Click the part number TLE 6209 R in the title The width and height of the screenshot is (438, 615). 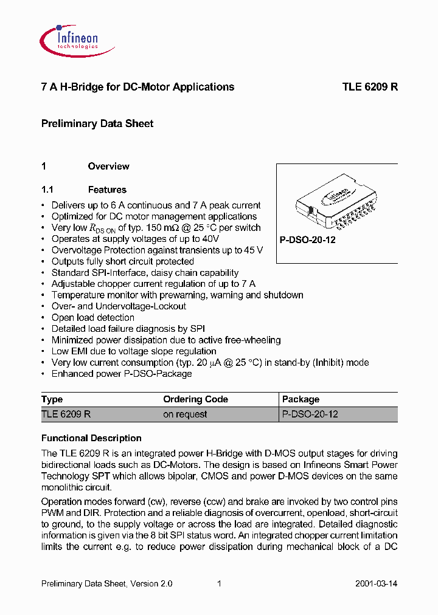coord(370,87)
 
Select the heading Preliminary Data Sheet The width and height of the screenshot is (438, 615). coord(97,123)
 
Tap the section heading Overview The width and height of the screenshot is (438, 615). coord(108,167)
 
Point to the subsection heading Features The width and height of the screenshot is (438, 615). coord(107,190)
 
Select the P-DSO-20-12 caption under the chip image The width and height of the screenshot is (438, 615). coord(308,240)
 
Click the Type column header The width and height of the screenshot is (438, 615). coord(52,399)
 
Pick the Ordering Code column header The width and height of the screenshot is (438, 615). coord(195,399)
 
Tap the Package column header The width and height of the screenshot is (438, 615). coord(301,399)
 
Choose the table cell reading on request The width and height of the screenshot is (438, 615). coord(185,414)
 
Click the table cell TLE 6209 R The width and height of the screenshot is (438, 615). coord(66,414)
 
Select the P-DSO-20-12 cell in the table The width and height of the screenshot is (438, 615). coord(310,414)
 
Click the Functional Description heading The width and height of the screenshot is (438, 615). coord(91,438)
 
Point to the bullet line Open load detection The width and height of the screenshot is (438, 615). coord(92,317)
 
